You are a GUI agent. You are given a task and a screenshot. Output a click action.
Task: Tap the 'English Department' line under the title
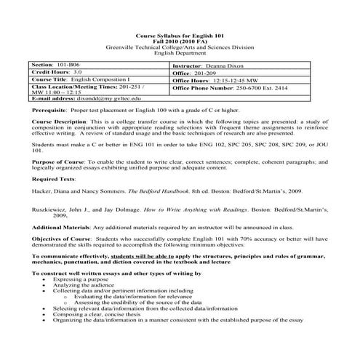click(180, 53)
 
